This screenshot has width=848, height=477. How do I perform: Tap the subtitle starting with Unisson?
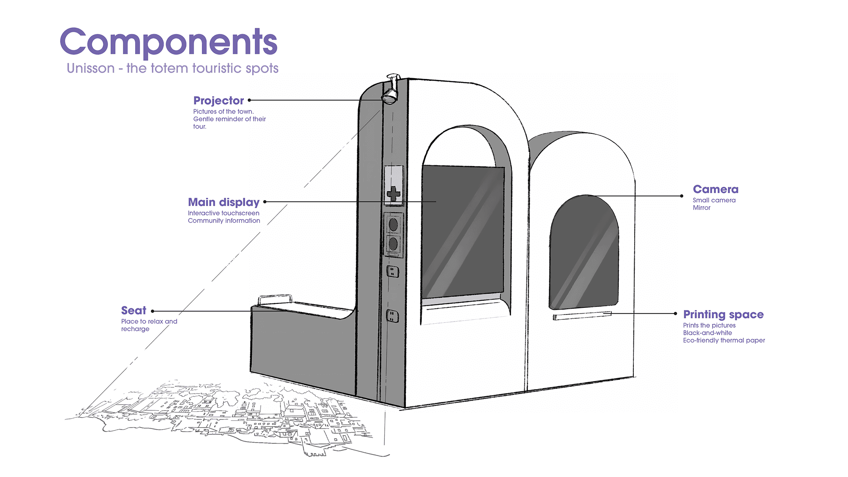pos(172,68)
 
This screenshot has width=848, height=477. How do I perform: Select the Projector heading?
pos(218,101)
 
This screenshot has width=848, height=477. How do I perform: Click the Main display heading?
pos(223,202)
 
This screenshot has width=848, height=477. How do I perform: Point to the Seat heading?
pos(133,310)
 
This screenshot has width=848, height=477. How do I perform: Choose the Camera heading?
pos(715,189)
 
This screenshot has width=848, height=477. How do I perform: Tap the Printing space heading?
pos(723,314)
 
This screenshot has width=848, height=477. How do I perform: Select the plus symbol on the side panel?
pos(393,193)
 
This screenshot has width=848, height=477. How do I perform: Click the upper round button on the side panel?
pos(393,225)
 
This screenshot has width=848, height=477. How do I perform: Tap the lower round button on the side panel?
pos(393,243)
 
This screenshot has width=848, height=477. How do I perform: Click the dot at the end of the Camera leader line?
pos(682,196)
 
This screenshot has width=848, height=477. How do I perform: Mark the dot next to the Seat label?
pos(153,311)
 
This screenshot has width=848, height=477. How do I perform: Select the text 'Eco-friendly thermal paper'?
pos(724,341)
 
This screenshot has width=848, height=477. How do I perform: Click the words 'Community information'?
pos(224,221)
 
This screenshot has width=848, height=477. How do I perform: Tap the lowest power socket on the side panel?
pos(392,316)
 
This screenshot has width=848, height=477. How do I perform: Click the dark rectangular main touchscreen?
pos(462,232)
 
